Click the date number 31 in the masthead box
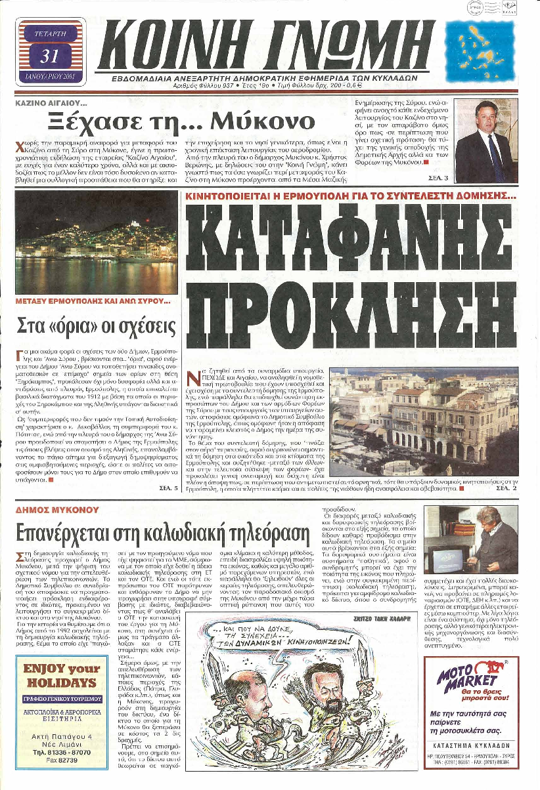pos(50,56)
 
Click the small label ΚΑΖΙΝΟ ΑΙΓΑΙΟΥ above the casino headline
pos(51,104)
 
